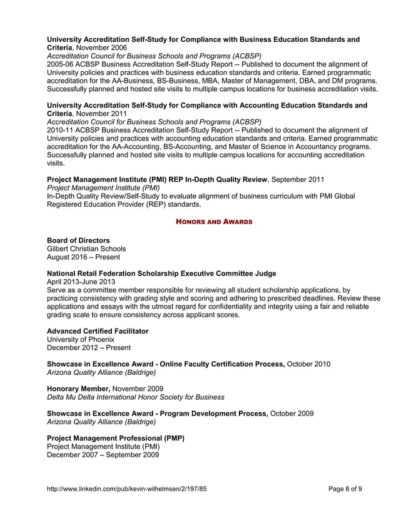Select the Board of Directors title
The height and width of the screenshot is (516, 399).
tap(79, 241)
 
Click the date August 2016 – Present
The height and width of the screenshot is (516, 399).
tap(84, 257)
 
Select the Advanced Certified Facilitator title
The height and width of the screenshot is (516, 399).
tap(98, 331)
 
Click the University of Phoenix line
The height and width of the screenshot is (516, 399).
tap(81, 339)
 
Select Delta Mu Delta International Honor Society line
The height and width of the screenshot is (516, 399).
tap(136, 397)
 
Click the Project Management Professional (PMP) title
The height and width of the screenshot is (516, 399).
tap(116, 439)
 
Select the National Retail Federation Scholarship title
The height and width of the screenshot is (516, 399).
tap(162, 274)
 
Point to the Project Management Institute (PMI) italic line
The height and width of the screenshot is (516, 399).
tap(103, 187)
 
